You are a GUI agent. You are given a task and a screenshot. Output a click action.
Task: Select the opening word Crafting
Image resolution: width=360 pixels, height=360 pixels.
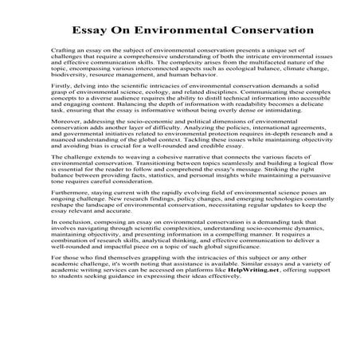pos(62,49)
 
